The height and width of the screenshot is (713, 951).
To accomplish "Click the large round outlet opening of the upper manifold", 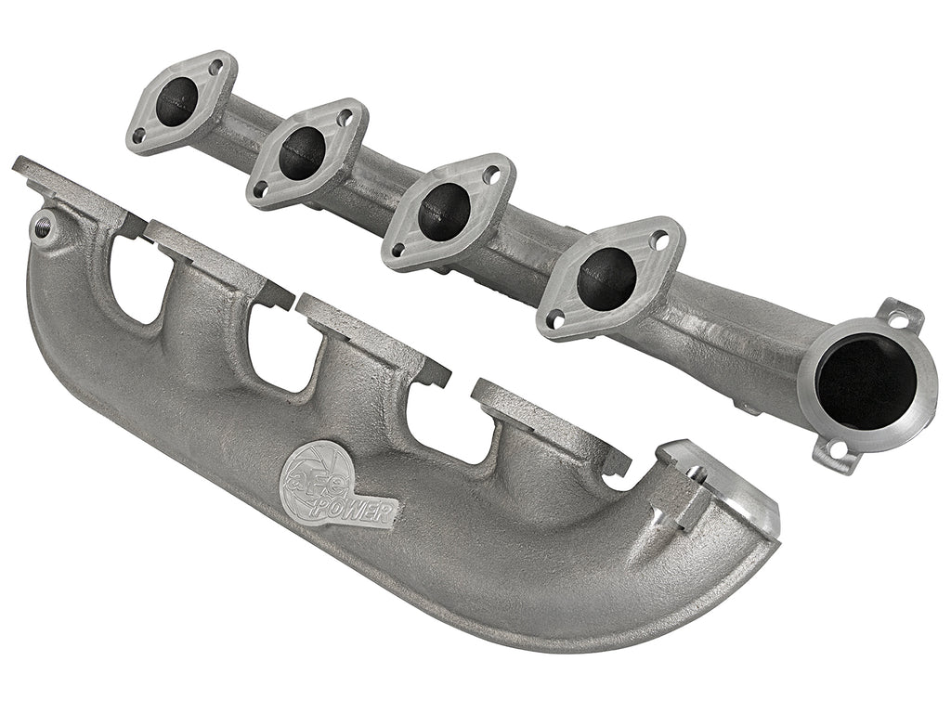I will tap(866, 382).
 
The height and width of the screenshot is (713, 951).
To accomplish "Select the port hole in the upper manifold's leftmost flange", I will tap(177, 102).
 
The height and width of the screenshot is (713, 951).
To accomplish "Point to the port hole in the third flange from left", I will tap(443, 211).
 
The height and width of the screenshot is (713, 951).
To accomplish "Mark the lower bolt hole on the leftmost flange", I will tap(138, 136).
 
